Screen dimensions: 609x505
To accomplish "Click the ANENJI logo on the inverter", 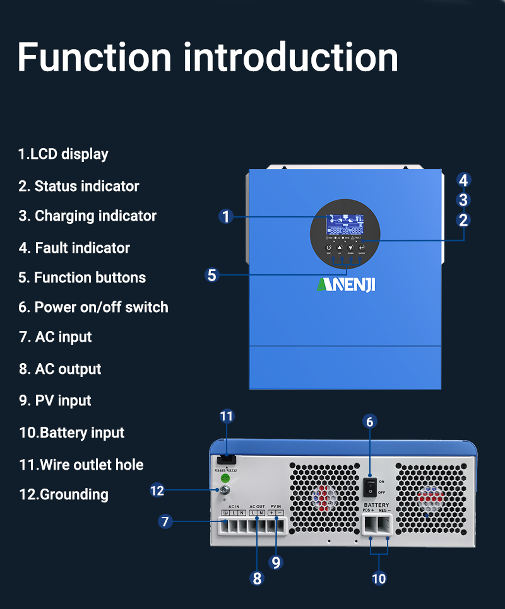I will pos(345,285).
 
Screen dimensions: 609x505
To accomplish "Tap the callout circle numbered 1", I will pos(227,217).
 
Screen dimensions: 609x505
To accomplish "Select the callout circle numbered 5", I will pos(212,275).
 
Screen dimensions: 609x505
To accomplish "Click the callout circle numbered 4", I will pos(463,180).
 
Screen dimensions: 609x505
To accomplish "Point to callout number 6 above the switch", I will pos(371,422).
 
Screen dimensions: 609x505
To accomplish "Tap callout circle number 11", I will pos(227,416).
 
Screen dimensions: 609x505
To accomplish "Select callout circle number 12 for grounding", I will pos(157,490).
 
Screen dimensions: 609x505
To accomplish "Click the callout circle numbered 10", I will pos(379,578).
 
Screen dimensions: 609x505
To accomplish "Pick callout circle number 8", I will pos(257,579).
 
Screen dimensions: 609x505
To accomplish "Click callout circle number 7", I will pos(165,521).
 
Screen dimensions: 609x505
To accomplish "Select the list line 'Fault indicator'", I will pos(74,248).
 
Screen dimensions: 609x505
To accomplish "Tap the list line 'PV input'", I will pos(56,400).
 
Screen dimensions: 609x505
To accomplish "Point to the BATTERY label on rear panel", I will pos(376,506).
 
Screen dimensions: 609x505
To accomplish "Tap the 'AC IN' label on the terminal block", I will pos(234,506).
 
